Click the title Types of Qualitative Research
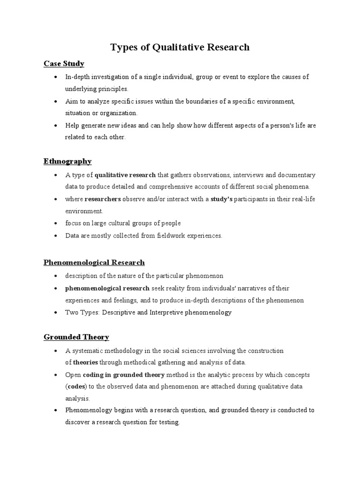point(180,47)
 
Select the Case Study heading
point(64,63)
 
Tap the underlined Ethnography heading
point(67,161)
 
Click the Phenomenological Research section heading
point(94,262)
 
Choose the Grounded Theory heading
point(76,337)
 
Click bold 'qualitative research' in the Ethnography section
point(125,175)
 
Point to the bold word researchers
point(103,199)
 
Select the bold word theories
point(84,362)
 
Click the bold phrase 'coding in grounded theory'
point(124,375)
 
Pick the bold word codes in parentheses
point(75,387)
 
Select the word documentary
point(297,175)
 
